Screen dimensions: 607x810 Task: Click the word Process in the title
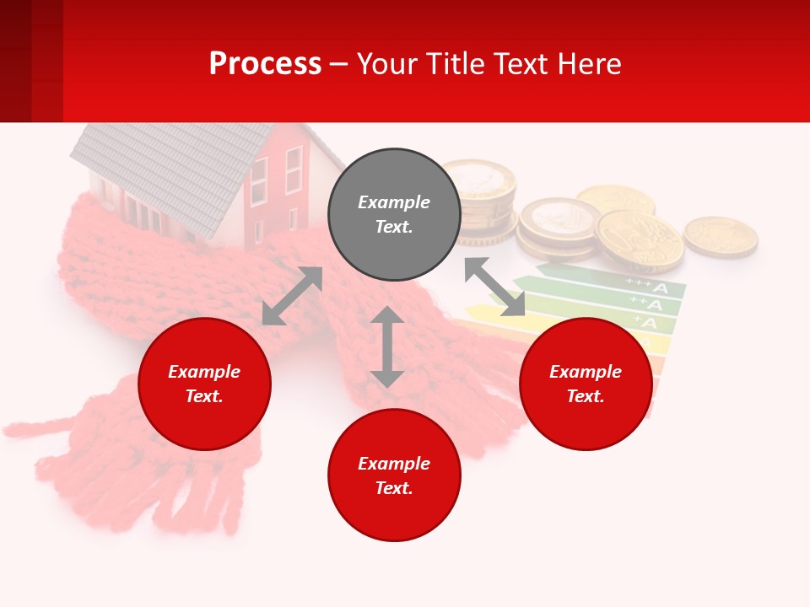[x=265, y=64]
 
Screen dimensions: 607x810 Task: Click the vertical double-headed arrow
[x=387, y=346]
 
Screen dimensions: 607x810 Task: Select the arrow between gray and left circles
[x=292, y=296]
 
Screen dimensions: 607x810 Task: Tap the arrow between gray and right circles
[x=494, y=287]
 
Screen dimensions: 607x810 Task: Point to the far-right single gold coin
[x=720, y=236]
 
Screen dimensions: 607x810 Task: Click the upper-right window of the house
[x=294, y=169]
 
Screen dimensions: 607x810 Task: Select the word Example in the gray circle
[x=394, y=202]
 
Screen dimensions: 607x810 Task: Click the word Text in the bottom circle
[x=394, y=488]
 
